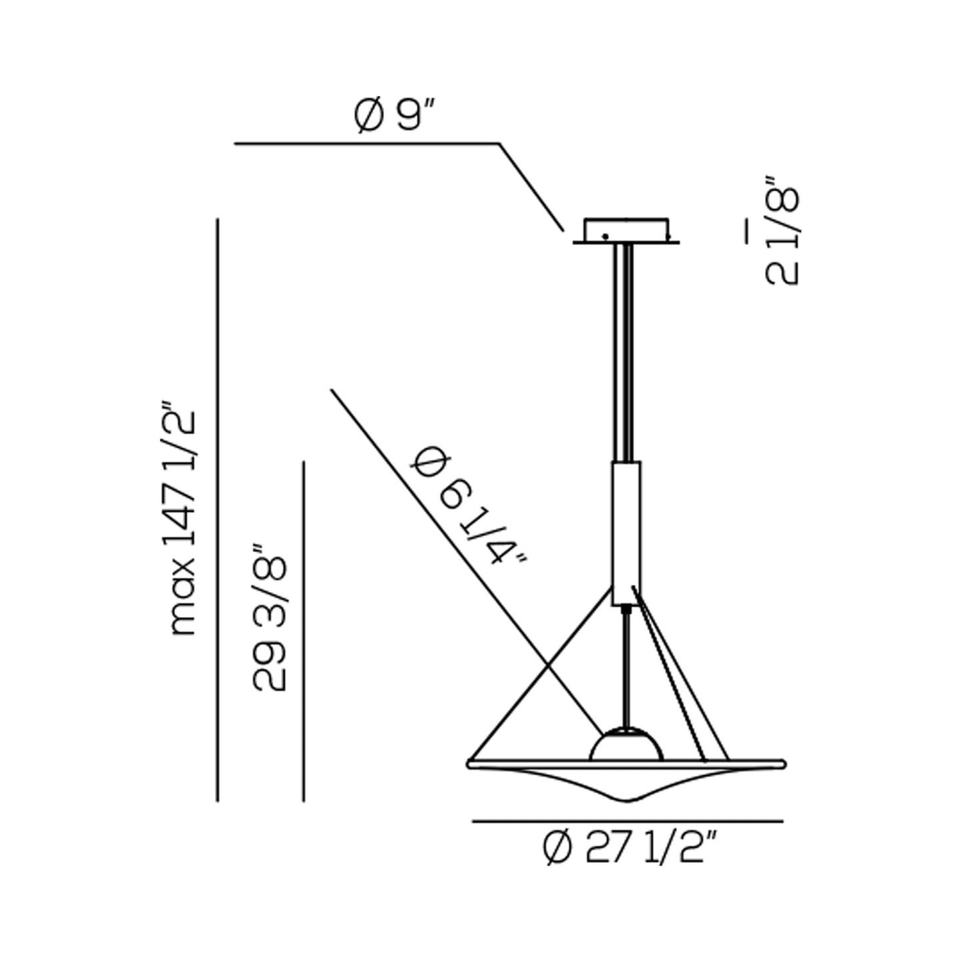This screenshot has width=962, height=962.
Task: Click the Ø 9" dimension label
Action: click(394, 114)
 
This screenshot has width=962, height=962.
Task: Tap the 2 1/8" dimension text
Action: click(782, 231)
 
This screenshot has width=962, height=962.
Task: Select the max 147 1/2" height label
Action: click(182, 517)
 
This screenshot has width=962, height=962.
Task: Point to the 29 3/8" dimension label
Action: click(270, 617)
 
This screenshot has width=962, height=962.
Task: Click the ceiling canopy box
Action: click(626, 230)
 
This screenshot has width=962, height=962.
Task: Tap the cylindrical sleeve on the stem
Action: click(626, 533)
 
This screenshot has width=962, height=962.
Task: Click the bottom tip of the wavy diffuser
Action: click(628, 802)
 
